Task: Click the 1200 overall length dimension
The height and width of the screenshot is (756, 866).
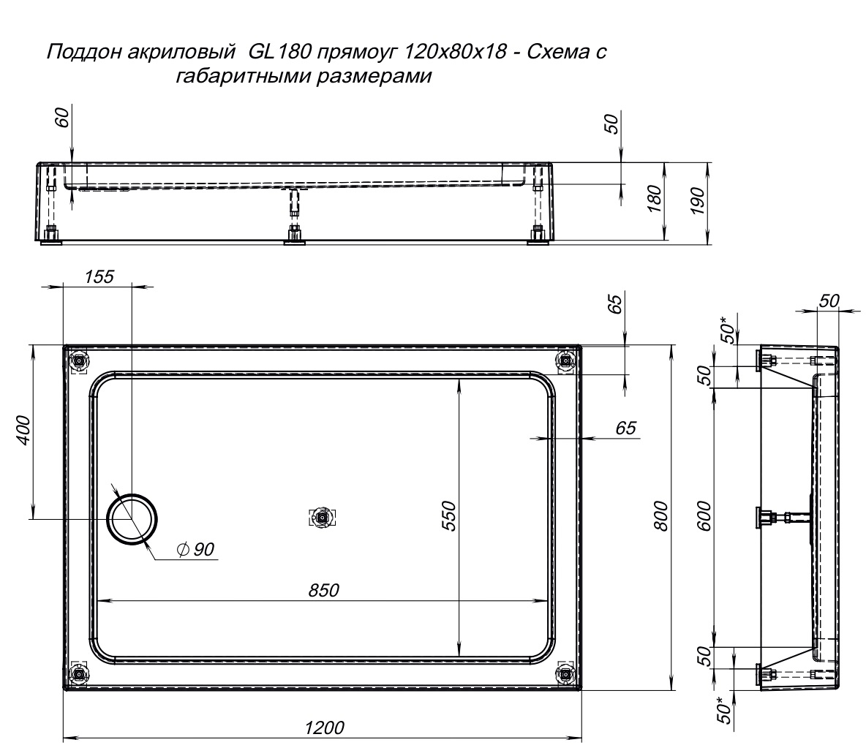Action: point(324,727)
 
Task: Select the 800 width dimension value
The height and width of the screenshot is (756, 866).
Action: point(660,516)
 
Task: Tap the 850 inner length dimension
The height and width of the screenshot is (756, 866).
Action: point(323,590)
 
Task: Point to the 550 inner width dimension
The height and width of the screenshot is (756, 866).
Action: point(450,515)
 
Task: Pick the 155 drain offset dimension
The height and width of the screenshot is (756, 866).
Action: point(99,276)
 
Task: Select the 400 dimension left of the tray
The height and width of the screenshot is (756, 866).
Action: point(23,431)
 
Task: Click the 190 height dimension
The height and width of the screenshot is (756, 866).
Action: point(697,202)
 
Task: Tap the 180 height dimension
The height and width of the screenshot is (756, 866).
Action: point(653,199)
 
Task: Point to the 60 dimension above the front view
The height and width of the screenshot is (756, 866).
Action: point(62,118)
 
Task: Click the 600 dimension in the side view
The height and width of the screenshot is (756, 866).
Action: point(704,515)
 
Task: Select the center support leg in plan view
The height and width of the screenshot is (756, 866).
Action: point(322,518)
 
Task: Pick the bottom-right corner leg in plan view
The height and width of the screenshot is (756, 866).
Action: point(565,673)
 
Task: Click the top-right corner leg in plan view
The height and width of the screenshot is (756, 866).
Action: point(565,361)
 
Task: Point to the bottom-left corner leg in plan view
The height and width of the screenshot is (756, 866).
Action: point(80,673)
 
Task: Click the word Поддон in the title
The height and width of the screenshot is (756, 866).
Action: point(82,53)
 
